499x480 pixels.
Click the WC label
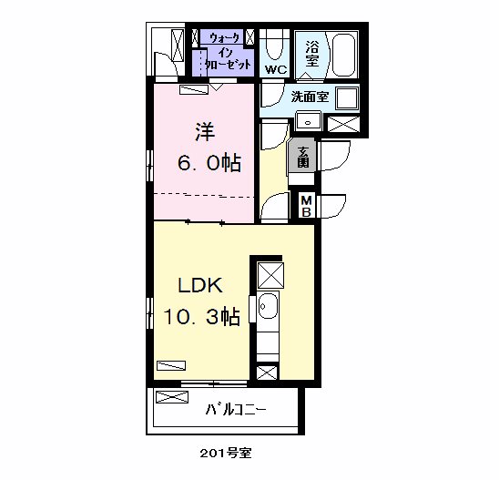point(276,69)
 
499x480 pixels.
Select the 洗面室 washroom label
point(310,97)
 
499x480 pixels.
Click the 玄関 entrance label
point(303,157)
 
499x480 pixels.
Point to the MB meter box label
point(306,206)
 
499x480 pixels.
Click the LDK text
point(200,285)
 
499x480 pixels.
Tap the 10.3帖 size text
point(201,316)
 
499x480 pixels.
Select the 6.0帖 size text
point(209,163)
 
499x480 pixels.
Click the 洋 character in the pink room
point(205,132)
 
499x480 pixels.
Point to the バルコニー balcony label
point(236,410)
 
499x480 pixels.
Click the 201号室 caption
point(226,453)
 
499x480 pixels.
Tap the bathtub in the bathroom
point(343,55)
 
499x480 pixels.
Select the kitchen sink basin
point(268,306)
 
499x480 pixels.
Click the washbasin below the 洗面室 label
point(308,121)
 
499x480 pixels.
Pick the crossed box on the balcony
point(172,396)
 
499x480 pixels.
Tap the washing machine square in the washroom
point(347,97)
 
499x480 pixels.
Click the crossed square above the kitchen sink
point(270,275)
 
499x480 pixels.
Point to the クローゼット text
point(229,65)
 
